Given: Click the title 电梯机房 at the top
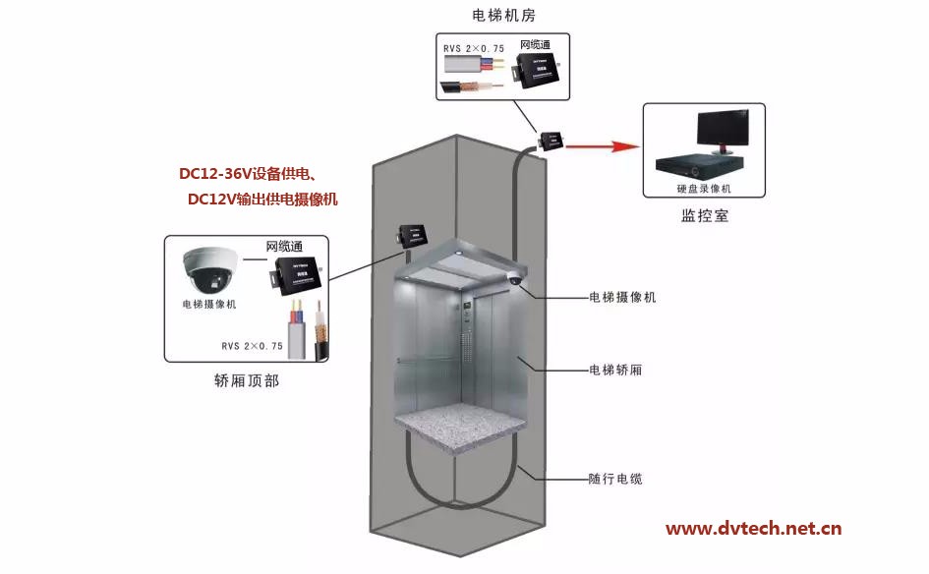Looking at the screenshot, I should pyautogui.click(x=503, y=16).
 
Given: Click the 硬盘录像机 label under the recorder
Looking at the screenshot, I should pyautogui.click(x=704, y=188).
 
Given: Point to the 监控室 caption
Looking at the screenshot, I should pyautogui.click(x=704, y=215).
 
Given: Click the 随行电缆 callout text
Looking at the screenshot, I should pyautogui.click(x=614, y=479).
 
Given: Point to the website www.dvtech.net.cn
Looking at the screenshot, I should pyautogui.click(x=753, y=529).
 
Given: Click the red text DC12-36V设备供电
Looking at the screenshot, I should pyautogui.click(x=247, y=175).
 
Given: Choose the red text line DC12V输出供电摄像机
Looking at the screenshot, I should pyautogui.click(x=262, y=200).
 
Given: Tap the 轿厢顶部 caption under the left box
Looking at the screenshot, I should pyautogui.click(x=246, y=380).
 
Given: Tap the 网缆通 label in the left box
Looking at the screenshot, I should pyautogui.click(x=285, y=246).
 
